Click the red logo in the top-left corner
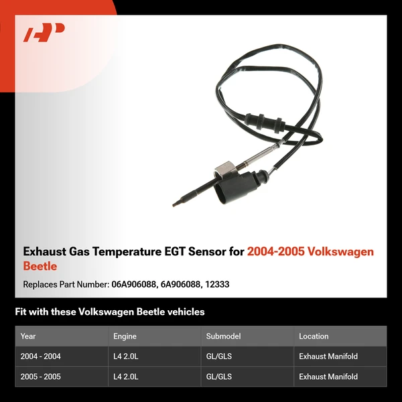point(44,33)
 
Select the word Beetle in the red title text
point(40,266)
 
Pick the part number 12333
point(218,284)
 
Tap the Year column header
point(28,336)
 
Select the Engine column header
point(125,336)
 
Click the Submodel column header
point(223,336)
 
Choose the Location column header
point(314,336)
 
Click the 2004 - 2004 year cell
point(41,356)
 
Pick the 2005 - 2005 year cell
point(41,377)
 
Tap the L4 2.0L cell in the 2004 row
point(126,356)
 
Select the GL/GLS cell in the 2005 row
point(219,377)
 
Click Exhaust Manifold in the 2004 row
point(328,356)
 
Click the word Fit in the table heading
point(21,312)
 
